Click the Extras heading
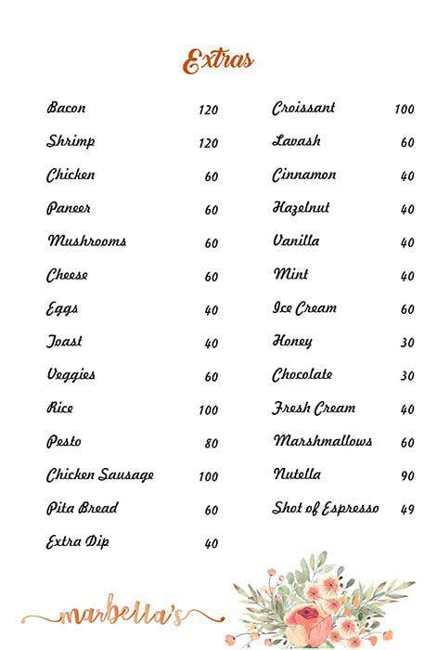218,62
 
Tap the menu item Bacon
66,109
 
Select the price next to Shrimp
208,143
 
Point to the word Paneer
69,209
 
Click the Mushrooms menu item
86,241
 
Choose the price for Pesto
211,444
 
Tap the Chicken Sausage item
100,475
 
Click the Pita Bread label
83,509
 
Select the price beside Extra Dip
211,544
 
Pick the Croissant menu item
303,109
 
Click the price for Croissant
404,110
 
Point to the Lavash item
296,142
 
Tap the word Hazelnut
301,208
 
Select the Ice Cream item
304,308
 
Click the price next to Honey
407,343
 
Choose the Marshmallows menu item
322,441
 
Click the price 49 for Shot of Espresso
407,510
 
